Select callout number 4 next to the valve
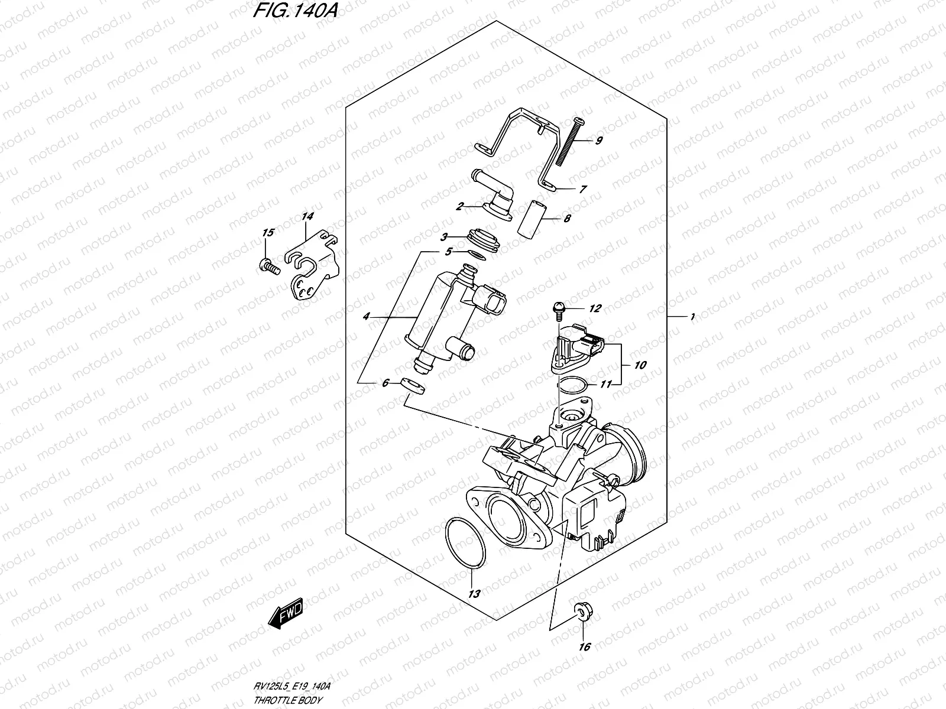pos(366,317)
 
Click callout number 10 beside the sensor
pos(640,365)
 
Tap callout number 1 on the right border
pos(692,317)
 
